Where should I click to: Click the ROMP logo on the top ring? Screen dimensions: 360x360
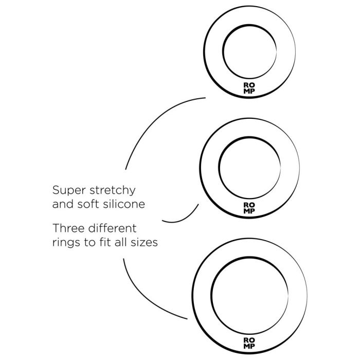(249, 88)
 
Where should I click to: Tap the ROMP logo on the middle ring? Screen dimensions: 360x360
(249, 208)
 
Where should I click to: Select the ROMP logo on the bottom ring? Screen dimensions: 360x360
(249, 343)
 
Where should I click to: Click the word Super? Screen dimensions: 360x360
(69, 191)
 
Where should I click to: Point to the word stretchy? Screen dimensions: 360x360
(113, 191)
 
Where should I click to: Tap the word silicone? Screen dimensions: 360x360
(124, 204)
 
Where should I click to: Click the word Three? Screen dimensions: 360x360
(68, 228)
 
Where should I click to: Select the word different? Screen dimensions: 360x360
(112, 228)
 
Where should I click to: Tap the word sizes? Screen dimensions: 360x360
(144, 243)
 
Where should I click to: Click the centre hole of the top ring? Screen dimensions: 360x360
(249, 51)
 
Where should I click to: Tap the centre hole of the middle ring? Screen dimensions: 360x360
(249, 168)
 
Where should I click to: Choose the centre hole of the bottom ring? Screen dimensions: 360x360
(249, 296)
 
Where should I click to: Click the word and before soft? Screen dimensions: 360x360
(63, 204)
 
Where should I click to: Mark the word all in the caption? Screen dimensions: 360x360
(120, 242)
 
